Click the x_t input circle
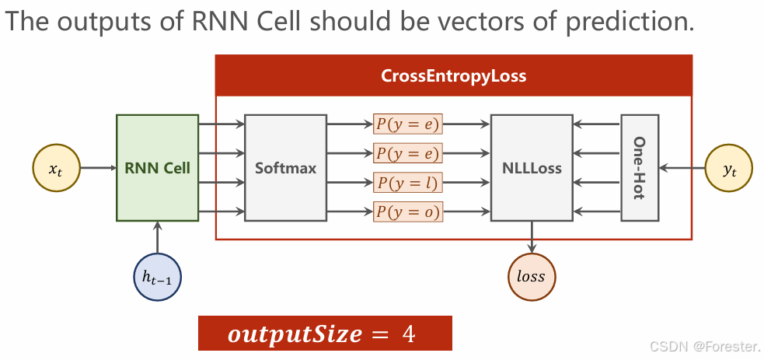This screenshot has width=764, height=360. point(55,167)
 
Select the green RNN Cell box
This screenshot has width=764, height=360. point(157,167)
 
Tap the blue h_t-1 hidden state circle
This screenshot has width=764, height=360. point(157,276)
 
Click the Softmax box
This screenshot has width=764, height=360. point(285,167)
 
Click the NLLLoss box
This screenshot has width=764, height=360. point(532,167)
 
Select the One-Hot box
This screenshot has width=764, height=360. point(640,167)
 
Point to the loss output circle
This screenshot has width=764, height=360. point(532,276)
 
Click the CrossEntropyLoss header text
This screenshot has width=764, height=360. point(453,76)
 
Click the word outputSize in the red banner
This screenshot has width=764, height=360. point(295,334)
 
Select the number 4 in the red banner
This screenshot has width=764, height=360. point(408,334)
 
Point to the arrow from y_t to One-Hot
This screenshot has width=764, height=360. point(682,167)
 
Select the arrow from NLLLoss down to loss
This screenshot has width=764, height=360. point(532,236)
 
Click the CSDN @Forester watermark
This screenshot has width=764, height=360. point(705,345)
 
